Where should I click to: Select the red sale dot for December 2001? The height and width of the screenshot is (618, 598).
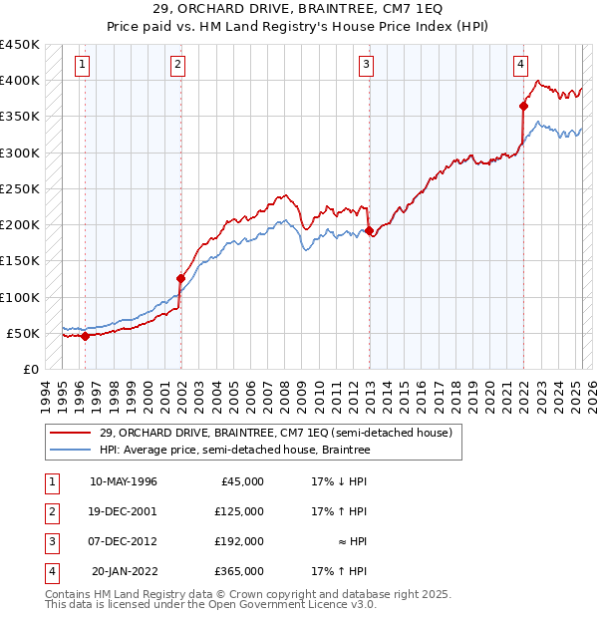[x=181, y=278]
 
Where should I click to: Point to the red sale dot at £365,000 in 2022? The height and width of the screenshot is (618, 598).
[x=523, y=105]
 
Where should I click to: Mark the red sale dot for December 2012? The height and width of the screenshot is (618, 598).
[x=370, y=230]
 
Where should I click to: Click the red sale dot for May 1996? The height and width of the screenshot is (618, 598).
[x=85, y=336]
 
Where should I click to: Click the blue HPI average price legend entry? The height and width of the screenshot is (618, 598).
[x=234, y=451]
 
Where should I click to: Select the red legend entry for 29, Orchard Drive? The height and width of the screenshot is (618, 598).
[x=275, y=433]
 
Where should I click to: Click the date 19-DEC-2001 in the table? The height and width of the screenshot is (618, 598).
[x=124, y=511]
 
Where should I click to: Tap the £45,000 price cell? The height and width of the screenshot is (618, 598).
[x=243, y=481]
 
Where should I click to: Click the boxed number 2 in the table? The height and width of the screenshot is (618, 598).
[x=51, y=511]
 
